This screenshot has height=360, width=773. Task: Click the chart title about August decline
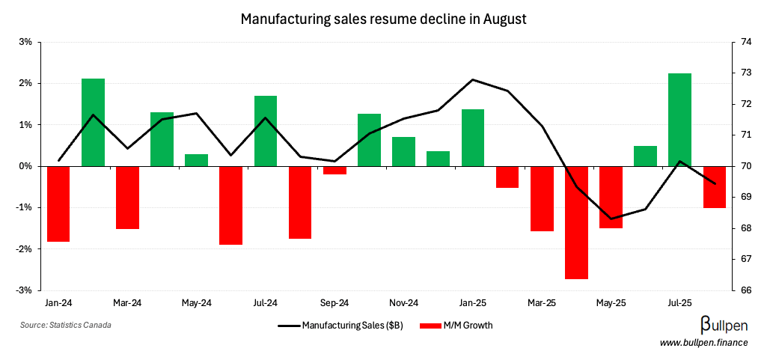coord(384,19)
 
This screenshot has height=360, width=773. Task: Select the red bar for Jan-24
coord(58,204)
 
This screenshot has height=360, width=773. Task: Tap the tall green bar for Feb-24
coord(93,122)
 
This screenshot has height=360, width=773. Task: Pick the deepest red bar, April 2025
coord(576,222)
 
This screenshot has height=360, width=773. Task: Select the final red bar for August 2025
coord(715,187)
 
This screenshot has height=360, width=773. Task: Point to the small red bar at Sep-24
coord(334,170)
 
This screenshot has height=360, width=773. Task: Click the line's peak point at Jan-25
coord(473,79)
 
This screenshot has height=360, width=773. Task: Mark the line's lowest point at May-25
coord(611,219)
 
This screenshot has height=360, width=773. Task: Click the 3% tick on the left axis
coord(25,42)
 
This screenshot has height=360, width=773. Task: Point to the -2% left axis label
coord(24,248)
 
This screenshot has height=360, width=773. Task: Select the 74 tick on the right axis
coord(746,42)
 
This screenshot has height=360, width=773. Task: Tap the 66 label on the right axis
coord(746,290)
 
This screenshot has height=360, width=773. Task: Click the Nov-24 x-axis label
coord(403,303)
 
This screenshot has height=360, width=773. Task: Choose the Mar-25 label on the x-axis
coord(542,303)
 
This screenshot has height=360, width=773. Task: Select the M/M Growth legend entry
coord(456,326)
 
